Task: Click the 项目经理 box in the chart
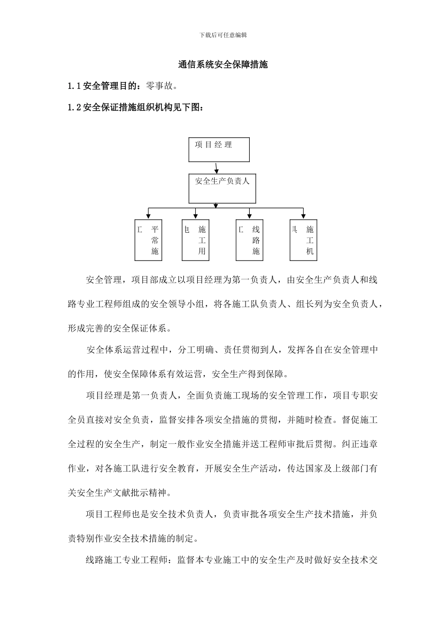click(x=219, y=150)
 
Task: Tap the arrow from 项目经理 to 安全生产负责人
click(x=216, y=168)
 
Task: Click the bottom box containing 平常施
click(x=148, y=240)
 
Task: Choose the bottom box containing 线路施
click(x=249, y=240)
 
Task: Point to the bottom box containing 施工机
click(x=304, y=240)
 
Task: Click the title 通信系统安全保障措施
click(x=223, y=65)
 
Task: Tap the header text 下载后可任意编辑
click(x=223, y=35)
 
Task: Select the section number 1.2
click(x=75, y=108)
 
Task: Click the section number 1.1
click(x=75, y=86)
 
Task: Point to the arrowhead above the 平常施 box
click(x=148, y=217)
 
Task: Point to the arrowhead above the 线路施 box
click(x=249, y=217)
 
